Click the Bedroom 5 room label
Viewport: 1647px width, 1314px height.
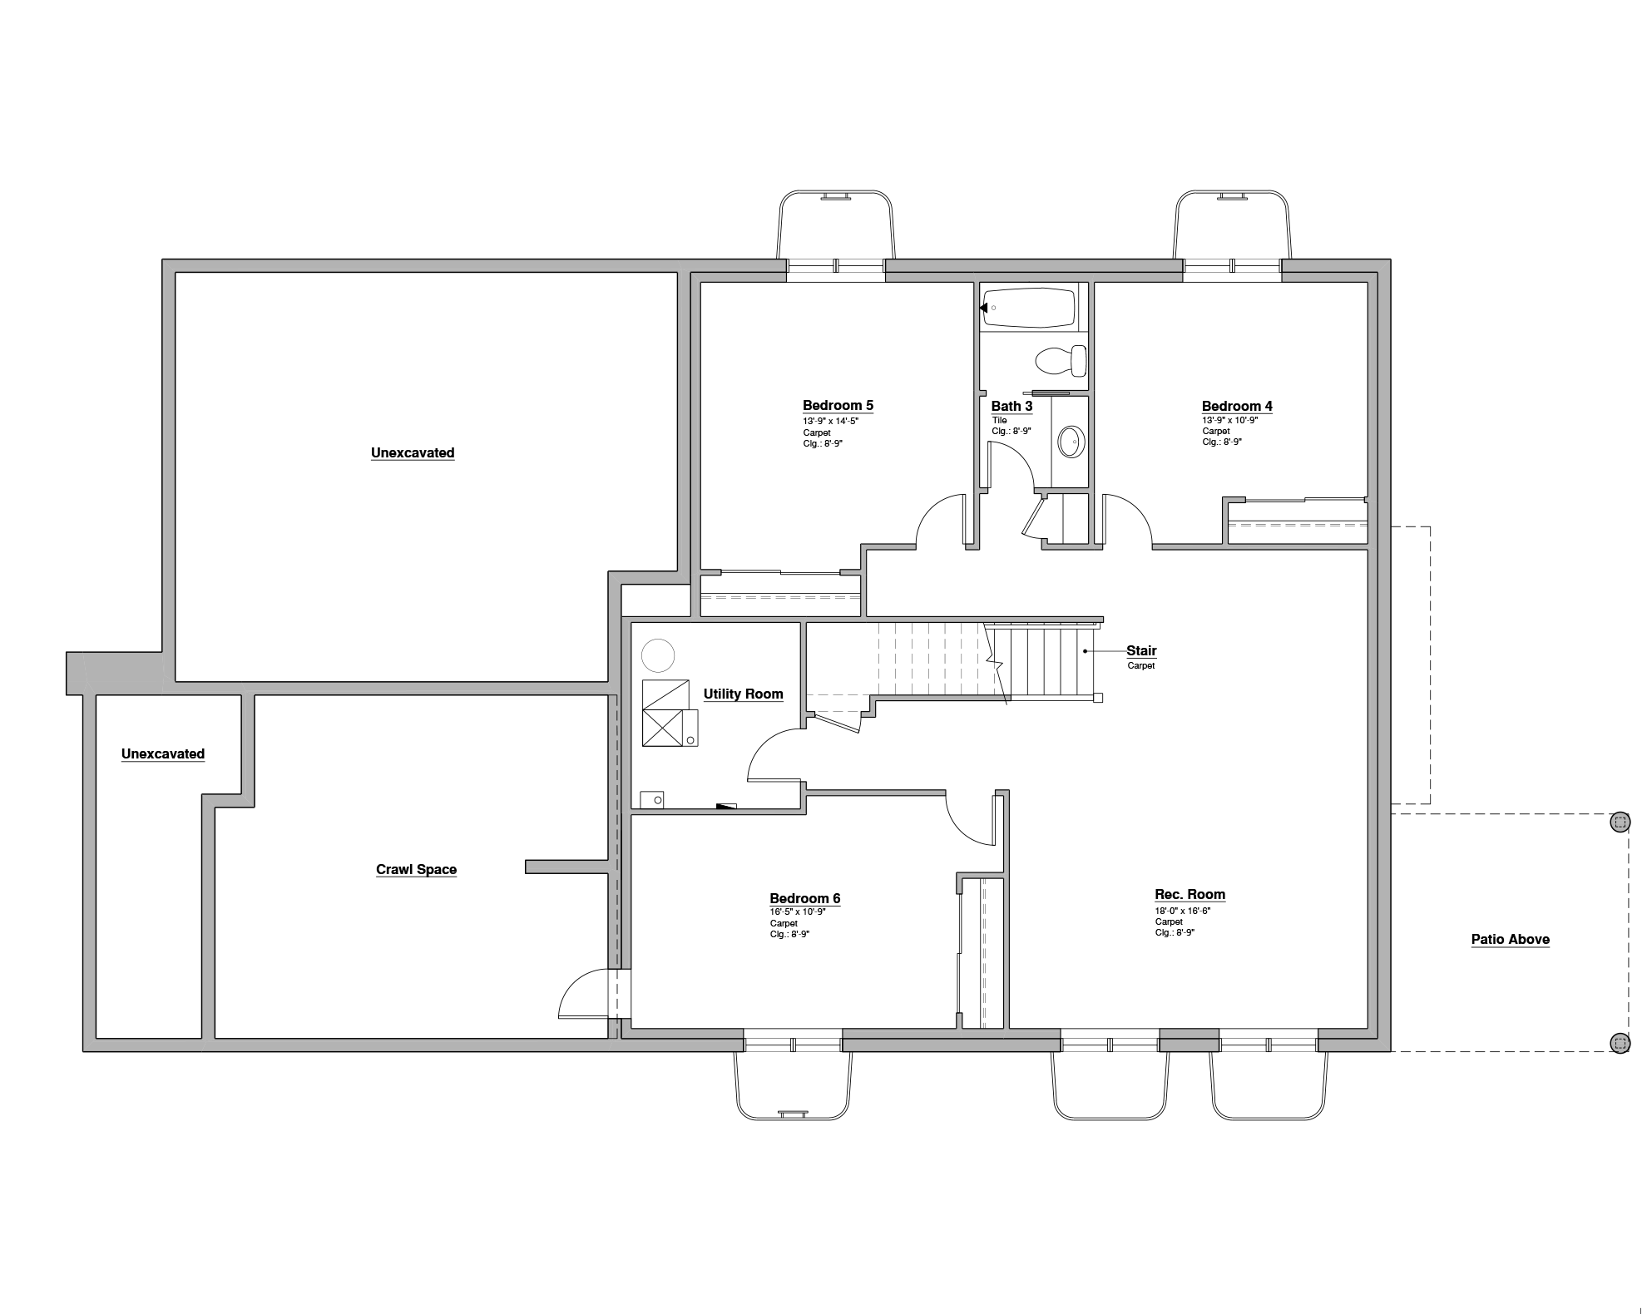838,406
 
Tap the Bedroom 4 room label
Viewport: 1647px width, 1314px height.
1236,407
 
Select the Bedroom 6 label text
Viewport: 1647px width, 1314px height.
804,898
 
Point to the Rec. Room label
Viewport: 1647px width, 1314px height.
1189,895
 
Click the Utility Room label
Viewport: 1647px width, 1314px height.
743,694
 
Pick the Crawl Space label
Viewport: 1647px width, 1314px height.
416,870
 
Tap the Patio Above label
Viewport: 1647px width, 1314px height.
1510,940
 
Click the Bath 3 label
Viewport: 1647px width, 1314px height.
1011,407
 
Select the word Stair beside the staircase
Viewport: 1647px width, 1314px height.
1141,651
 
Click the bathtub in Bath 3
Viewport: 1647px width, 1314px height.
1028,308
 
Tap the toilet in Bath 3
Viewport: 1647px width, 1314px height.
1061,361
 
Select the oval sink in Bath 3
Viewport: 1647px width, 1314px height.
1071,441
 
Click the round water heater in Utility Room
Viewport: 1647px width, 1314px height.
658,655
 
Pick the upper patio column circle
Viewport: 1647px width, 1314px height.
1619,822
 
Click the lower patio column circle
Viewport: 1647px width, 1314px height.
1619,1042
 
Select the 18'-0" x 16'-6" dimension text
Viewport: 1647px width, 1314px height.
1182,911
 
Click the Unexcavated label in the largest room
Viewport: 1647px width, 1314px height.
413,453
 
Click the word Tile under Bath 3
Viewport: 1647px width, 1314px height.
999,421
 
